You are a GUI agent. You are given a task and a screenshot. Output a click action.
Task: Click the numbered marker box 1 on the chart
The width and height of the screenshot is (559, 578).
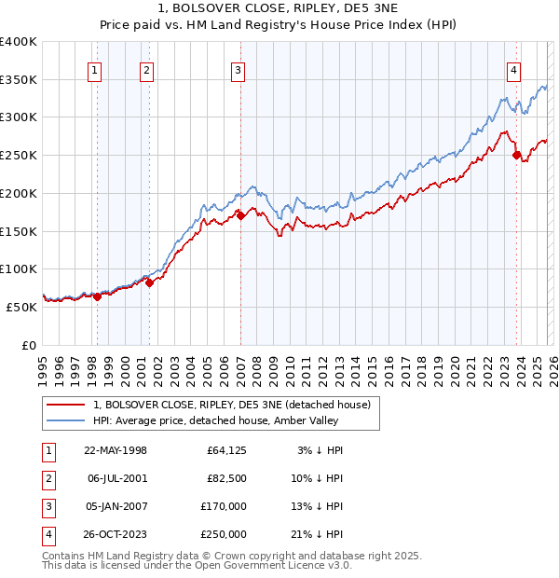(96, 69)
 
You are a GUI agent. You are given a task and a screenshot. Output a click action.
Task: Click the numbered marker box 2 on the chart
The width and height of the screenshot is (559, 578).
(147, 69)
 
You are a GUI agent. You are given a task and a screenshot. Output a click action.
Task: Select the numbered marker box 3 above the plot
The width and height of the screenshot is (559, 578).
(238, 69)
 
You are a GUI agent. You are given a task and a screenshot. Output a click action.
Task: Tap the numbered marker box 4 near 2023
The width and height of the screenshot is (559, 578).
(513, 69)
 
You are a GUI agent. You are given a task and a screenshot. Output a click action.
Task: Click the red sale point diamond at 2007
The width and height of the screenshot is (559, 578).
(240, 215)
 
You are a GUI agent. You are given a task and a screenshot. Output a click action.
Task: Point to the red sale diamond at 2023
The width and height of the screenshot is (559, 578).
(516, 155)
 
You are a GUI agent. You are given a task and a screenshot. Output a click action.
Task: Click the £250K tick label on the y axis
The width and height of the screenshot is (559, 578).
(19, 155)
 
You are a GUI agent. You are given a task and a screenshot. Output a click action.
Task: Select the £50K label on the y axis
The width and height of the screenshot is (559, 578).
(21, 307)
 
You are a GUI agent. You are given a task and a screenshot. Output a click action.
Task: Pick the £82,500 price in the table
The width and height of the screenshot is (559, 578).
(225, 478)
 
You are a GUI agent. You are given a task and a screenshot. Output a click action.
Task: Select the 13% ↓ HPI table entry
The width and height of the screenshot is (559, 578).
(320, 506)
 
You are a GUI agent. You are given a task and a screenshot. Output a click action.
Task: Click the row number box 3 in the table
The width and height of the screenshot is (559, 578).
(47, 506)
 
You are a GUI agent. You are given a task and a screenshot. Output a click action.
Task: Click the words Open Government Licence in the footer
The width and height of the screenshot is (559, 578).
(271, 565)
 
